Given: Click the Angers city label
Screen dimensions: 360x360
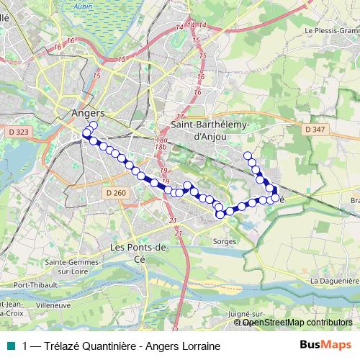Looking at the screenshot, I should tap(89, 113).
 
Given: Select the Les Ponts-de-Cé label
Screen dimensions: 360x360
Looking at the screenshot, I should tap(139, 252).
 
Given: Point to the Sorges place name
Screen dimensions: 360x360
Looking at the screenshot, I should tap(225, 240).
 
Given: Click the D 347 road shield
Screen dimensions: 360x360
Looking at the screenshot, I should tap(315, 129).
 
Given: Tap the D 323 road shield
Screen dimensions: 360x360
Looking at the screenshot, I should tap(19, 132).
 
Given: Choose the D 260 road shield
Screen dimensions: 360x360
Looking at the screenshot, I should tap(115, 193).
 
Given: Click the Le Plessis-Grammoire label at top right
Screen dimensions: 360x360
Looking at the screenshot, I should tap(332, 31).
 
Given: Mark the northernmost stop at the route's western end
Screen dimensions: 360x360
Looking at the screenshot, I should tap(93, 126).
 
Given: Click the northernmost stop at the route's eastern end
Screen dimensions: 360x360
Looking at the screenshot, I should tap(248, 156).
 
